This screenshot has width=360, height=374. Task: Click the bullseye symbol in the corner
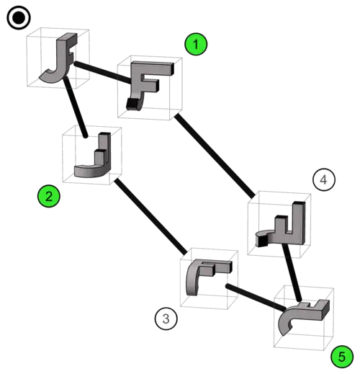click(19, 18)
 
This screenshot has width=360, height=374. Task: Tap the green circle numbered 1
click(196, 44)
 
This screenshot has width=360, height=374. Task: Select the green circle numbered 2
click(49, 196)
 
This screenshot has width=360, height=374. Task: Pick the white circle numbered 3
click(166, 319)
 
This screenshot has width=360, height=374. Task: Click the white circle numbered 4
click(324, 179)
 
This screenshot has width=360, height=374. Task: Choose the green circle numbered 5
click(342, 357)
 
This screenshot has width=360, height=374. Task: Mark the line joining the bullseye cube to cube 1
click(103, 73)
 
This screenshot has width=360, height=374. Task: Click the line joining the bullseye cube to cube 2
click(75, 107)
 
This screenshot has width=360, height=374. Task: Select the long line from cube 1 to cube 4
click(215, 156)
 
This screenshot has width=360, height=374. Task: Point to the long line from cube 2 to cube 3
click(150, 217)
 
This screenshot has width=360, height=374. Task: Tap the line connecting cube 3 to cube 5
click(256, 298)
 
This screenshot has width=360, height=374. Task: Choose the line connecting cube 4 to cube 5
click(292, 272)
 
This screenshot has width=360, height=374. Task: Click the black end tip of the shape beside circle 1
click(131, 104)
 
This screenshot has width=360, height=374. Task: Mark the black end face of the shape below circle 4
click(262, 241)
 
